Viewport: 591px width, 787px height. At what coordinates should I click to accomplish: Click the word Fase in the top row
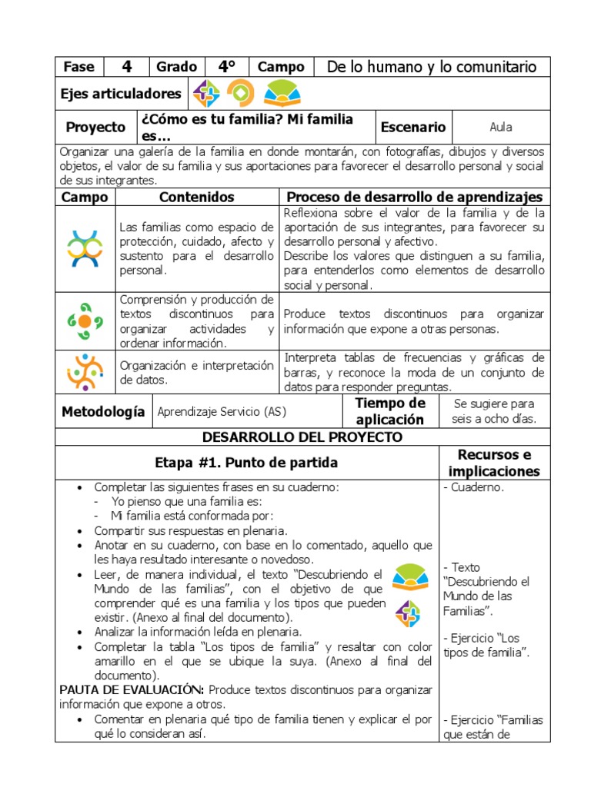tap(78, 67)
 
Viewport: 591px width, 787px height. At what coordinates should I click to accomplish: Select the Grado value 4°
tap(226, 67)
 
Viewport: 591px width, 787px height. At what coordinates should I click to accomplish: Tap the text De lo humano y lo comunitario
tap(432, 67)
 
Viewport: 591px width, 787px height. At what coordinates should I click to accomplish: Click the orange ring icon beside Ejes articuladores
tap(240, 94)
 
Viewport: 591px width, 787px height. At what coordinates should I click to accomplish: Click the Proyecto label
tap(95, 127)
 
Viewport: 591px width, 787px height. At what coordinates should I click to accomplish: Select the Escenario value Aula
tap(501, 127)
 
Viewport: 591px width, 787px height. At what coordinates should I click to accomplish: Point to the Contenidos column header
tap(196, 198)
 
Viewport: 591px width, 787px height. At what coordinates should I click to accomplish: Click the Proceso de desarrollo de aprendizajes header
tap(414, 198)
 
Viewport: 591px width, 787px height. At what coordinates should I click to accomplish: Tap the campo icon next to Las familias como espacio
tap(85, 249)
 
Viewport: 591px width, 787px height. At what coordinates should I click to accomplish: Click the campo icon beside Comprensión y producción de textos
tap(85, 321)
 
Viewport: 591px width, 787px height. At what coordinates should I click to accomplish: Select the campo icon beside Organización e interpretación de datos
tap(85, 372)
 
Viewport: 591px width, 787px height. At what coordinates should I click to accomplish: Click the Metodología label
tap(103, 412)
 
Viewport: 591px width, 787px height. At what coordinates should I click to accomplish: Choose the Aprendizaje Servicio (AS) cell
tap(222, 412)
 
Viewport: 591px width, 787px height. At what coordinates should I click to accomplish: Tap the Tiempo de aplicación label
tap(389, 412)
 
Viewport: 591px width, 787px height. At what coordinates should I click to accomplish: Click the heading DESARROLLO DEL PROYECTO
tap(302, 437)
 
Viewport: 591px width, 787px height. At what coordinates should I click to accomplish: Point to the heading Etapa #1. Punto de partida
tap(246, 463)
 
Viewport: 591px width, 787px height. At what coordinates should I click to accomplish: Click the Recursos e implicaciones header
tap(494, 463)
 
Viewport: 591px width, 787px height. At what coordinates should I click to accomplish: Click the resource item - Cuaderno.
tap(474, 487)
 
